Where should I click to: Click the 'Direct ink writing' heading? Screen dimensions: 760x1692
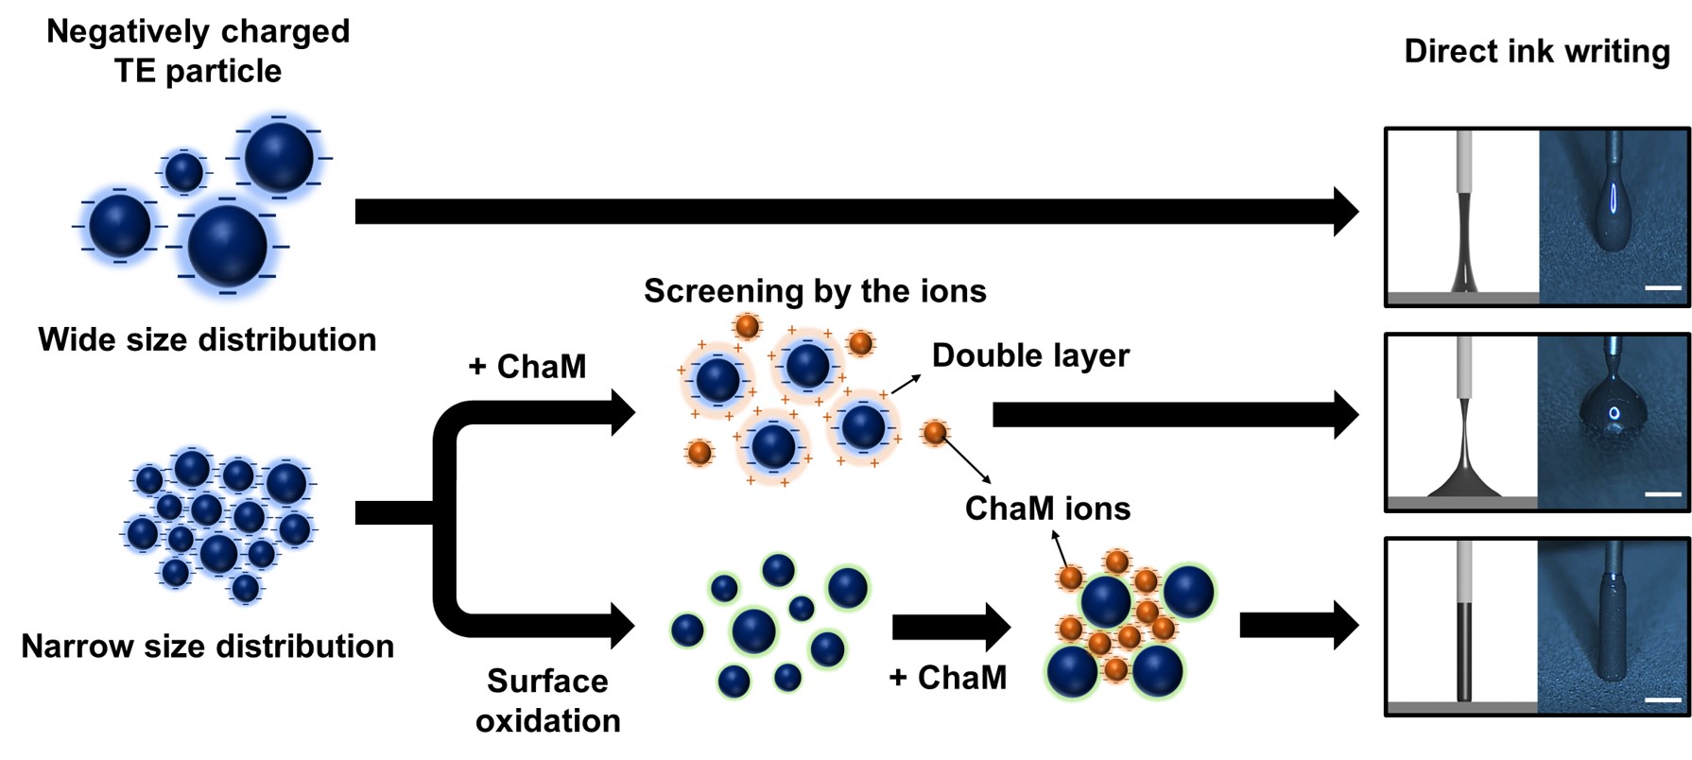point(1537,51)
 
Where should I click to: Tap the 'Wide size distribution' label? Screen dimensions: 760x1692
point(207,339)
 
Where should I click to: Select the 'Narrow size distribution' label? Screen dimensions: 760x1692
point(207,647)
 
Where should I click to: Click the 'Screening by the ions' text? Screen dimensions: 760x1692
point(815,291)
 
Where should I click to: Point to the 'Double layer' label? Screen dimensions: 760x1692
point(1030,355)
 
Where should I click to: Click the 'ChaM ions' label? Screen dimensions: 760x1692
point(1047,509)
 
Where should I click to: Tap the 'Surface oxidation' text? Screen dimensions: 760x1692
point(547,700)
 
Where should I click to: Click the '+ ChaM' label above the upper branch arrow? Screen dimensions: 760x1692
point(527,367)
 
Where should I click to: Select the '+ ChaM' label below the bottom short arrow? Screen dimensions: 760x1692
point(948,678)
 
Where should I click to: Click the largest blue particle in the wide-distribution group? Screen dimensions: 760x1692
point(228,246)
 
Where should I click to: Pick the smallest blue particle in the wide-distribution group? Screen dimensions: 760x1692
point(183,172)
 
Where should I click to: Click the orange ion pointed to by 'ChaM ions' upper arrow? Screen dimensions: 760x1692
point(1070,577)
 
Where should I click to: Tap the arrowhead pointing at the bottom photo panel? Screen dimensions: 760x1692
point(1346,625)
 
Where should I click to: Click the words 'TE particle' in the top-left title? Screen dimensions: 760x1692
point(198,71)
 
